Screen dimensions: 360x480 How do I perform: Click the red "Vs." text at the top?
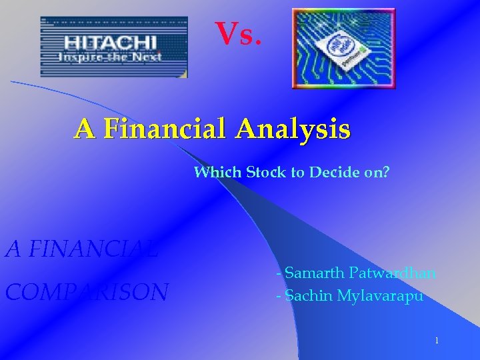pyautogui.click(x=234, y=34)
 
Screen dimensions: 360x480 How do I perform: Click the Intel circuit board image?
pyautogui.click(x=343, y=48)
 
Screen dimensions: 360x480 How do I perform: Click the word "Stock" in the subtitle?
pyautogui.click(x=265, y=173)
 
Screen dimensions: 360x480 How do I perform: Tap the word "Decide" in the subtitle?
pyautogui.click(x=332, y=173)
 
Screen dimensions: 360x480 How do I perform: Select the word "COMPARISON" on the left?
pyautogui.click(x=87, y=292)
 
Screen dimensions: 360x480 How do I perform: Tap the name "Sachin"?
pyautogui.click(x=310, y=296)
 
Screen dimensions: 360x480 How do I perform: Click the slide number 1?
pyautogui.click(x=436, y=341)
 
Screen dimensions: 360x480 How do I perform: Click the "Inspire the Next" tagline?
pyautogui.click(x=110, y=57)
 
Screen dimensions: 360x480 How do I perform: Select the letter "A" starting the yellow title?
pyautogui.click(x=83, y=129)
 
